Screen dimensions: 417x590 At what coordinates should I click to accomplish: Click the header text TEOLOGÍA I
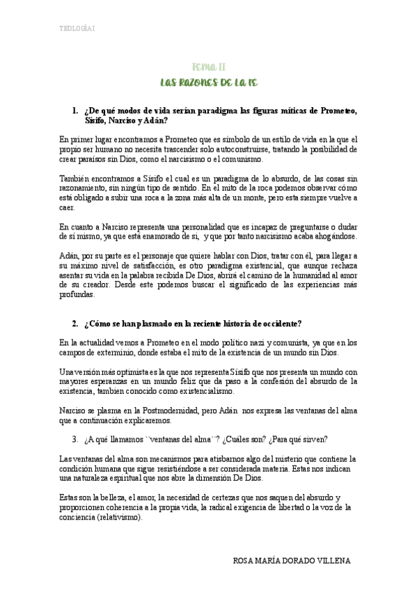coord(77,29)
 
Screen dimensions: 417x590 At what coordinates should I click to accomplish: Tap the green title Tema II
coord(208,67)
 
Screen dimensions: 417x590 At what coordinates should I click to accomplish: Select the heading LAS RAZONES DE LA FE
coord(209,83)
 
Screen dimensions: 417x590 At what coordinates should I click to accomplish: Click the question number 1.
coord(74,111)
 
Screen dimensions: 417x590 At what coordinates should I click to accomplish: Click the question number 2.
coord(74,324)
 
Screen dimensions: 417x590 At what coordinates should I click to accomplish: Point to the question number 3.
coord(74,439)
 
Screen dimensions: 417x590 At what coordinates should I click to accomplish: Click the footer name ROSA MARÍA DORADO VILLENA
coord(290,561)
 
